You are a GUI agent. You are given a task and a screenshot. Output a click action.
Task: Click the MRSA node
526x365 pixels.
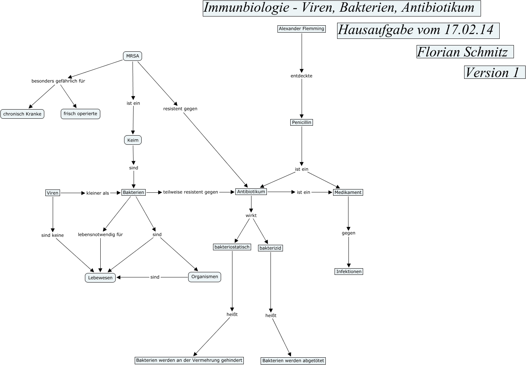click(133, 56)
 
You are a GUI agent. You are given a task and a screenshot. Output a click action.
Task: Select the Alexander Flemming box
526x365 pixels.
click(302, 29)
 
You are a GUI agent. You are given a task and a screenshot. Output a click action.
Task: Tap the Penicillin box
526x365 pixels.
click(302, 122)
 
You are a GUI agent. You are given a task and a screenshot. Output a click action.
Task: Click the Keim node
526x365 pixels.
click(133, 140)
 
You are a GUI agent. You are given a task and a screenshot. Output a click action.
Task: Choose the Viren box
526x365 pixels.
click(53, 193)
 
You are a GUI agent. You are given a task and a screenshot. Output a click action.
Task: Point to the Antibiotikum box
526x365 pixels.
click(251, 192)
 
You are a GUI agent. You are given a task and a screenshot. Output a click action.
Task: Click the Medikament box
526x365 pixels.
click(348, 192)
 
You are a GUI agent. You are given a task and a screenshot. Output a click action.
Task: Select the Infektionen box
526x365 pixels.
click(349, 272)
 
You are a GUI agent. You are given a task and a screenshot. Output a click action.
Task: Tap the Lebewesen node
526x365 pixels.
click(100, 277)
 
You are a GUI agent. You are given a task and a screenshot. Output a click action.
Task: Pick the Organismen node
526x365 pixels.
click(205, 277)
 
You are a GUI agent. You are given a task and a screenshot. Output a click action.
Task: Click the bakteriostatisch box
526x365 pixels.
click(232, 247)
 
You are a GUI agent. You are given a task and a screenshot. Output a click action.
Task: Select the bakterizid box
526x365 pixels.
click(270, 248)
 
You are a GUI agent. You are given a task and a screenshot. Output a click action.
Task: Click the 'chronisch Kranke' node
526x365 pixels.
click(22, 114)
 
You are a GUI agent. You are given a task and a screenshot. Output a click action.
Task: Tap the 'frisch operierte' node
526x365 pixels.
click(80, 114)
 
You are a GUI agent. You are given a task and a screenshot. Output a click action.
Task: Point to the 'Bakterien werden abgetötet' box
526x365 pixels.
click(293, 361)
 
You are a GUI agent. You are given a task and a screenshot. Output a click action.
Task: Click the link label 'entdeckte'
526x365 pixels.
click(302, 76)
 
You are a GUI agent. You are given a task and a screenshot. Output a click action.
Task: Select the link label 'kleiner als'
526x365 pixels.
click(98, 193)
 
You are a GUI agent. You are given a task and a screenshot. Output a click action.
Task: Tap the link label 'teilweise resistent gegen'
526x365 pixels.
click(190, 192)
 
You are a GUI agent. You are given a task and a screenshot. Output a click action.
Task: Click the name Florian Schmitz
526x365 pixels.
click(462, 52)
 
